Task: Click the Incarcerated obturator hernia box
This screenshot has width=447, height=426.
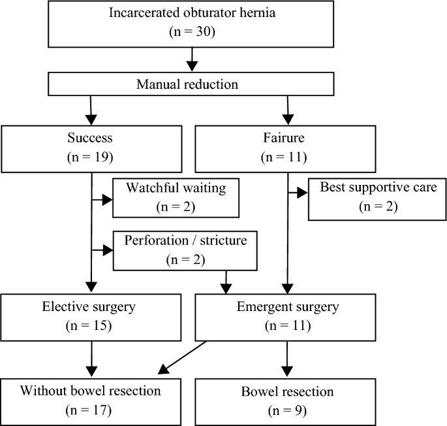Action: [x=192, y=24]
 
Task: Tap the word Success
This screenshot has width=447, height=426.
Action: [x=89, y=139]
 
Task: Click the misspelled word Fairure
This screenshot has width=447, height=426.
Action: [x=286, y=139]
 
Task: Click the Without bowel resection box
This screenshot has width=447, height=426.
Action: [x=89, y=400]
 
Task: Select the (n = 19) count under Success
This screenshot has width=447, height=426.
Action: [x=89, y=157]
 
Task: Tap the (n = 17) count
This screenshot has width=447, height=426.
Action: [x=89, y=412]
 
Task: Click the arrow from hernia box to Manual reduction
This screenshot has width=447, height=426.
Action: [x=192, y=60]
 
